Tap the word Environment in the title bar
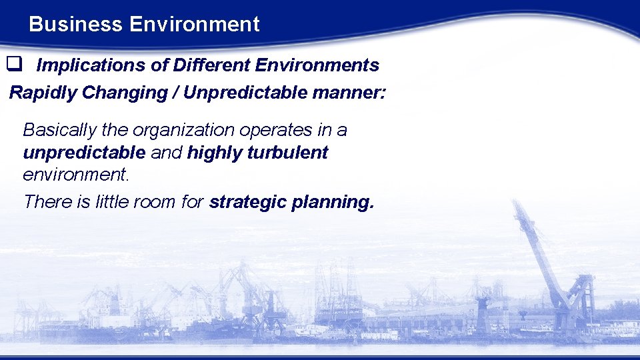(195, 25)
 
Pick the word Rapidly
(43, 92)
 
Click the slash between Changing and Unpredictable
(175, 92)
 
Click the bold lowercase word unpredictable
(84, 153)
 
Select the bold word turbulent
(287, 153)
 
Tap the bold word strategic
(247, 202)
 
